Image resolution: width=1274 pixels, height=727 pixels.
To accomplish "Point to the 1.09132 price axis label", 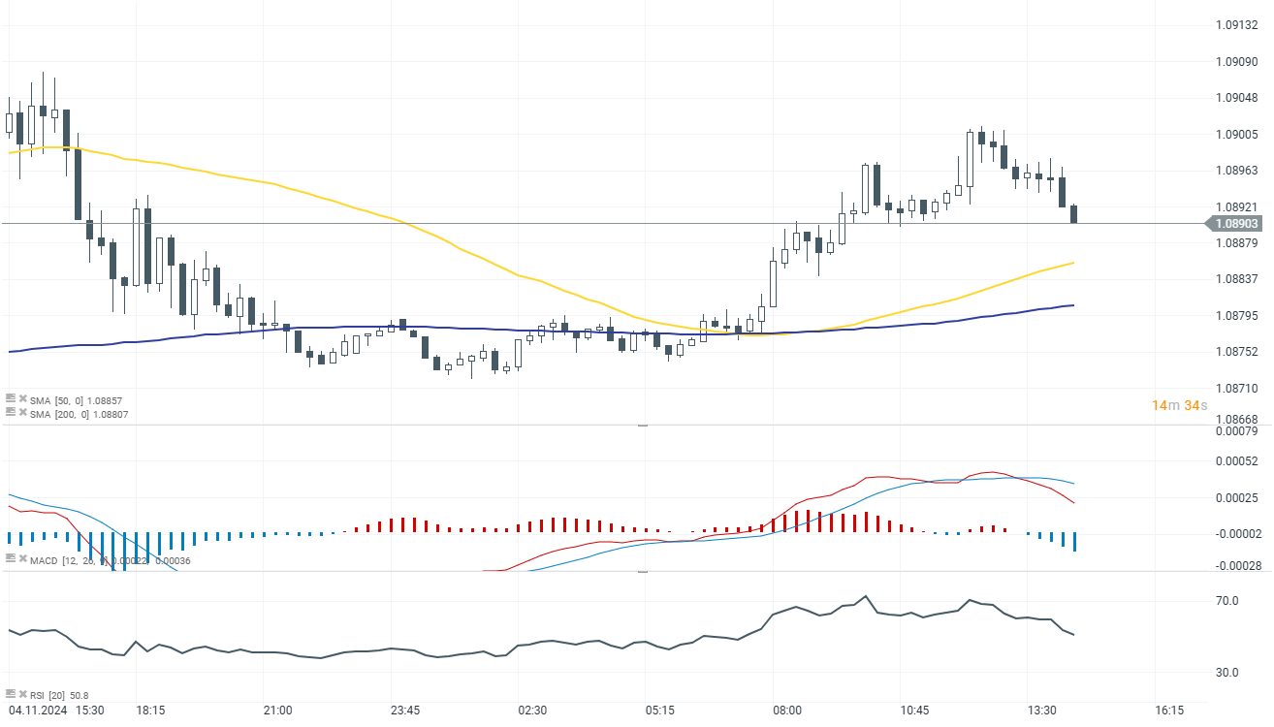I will click(x=1237, y=26).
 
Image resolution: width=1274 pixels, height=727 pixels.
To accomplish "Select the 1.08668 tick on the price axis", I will click(x=1237, y=420).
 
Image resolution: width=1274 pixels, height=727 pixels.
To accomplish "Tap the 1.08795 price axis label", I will click(x=1237, y=316).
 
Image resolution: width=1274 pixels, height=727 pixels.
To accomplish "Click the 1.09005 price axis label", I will click(x=1237, y=135).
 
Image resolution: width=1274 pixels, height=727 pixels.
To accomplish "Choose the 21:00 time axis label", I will click(x=277, y=711).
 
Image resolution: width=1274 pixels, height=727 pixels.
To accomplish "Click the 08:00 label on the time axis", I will click(x=787, y=711).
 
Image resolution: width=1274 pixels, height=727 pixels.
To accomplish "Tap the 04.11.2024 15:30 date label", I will click(x=56, y=711).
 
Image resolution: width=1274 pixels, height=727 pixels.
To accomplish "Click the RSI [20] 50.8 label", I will click(x=58, y=695).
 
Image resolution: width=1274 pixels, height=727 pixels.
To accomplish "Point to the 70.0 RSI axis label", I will click(x=1228, y=601).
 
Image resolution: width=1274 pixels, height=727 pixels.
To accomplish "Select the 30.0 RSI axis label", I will click(x=1228, y=673).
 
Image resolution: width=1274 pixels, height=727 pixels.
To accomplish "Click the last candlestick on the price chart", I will click(x=1074, y=214).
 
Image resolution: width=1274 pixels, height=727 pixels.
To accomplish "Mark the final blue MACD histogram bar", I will click(x=1074, y=542).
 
